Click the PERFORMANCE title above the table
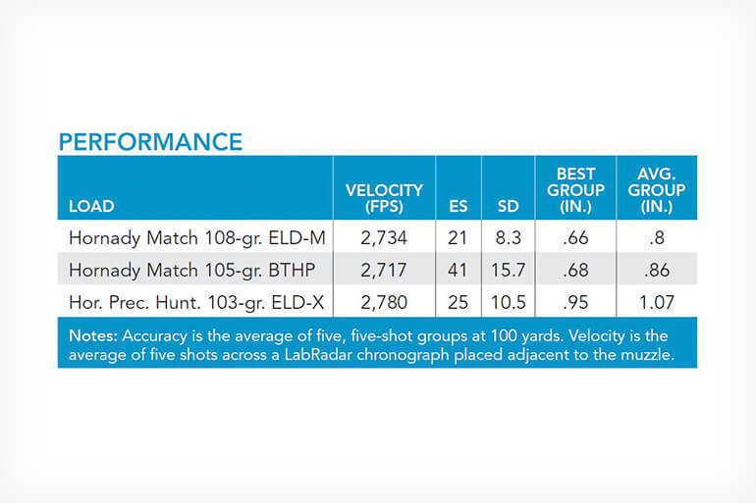point(150,142)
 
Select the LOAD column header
point(91,206)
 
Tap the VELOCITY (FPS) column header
point(384,198)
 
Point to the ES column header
point(459,206)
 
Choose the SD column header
point(509,206)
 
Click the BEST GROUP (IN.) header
point(575,190)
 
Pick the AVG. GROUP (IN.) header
point(657,190)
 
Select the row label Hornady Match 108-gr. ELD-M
point(197,238)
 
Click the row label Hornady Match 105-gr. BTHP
point(191,270)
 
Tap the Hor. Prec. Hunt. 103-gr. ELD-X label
point(196,302)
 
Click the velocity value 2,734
point(384,238)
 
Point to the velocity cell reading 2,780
point(384,302)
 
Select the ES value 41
point(459,270)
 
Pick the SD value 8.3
point(509,238)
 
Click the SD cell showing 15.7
point(509,270)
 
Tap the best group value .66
point(575,238)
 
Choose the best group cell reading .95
point(575,302)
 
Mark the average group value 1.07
point(657,302)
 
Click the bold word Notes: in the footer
point(93,335)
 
